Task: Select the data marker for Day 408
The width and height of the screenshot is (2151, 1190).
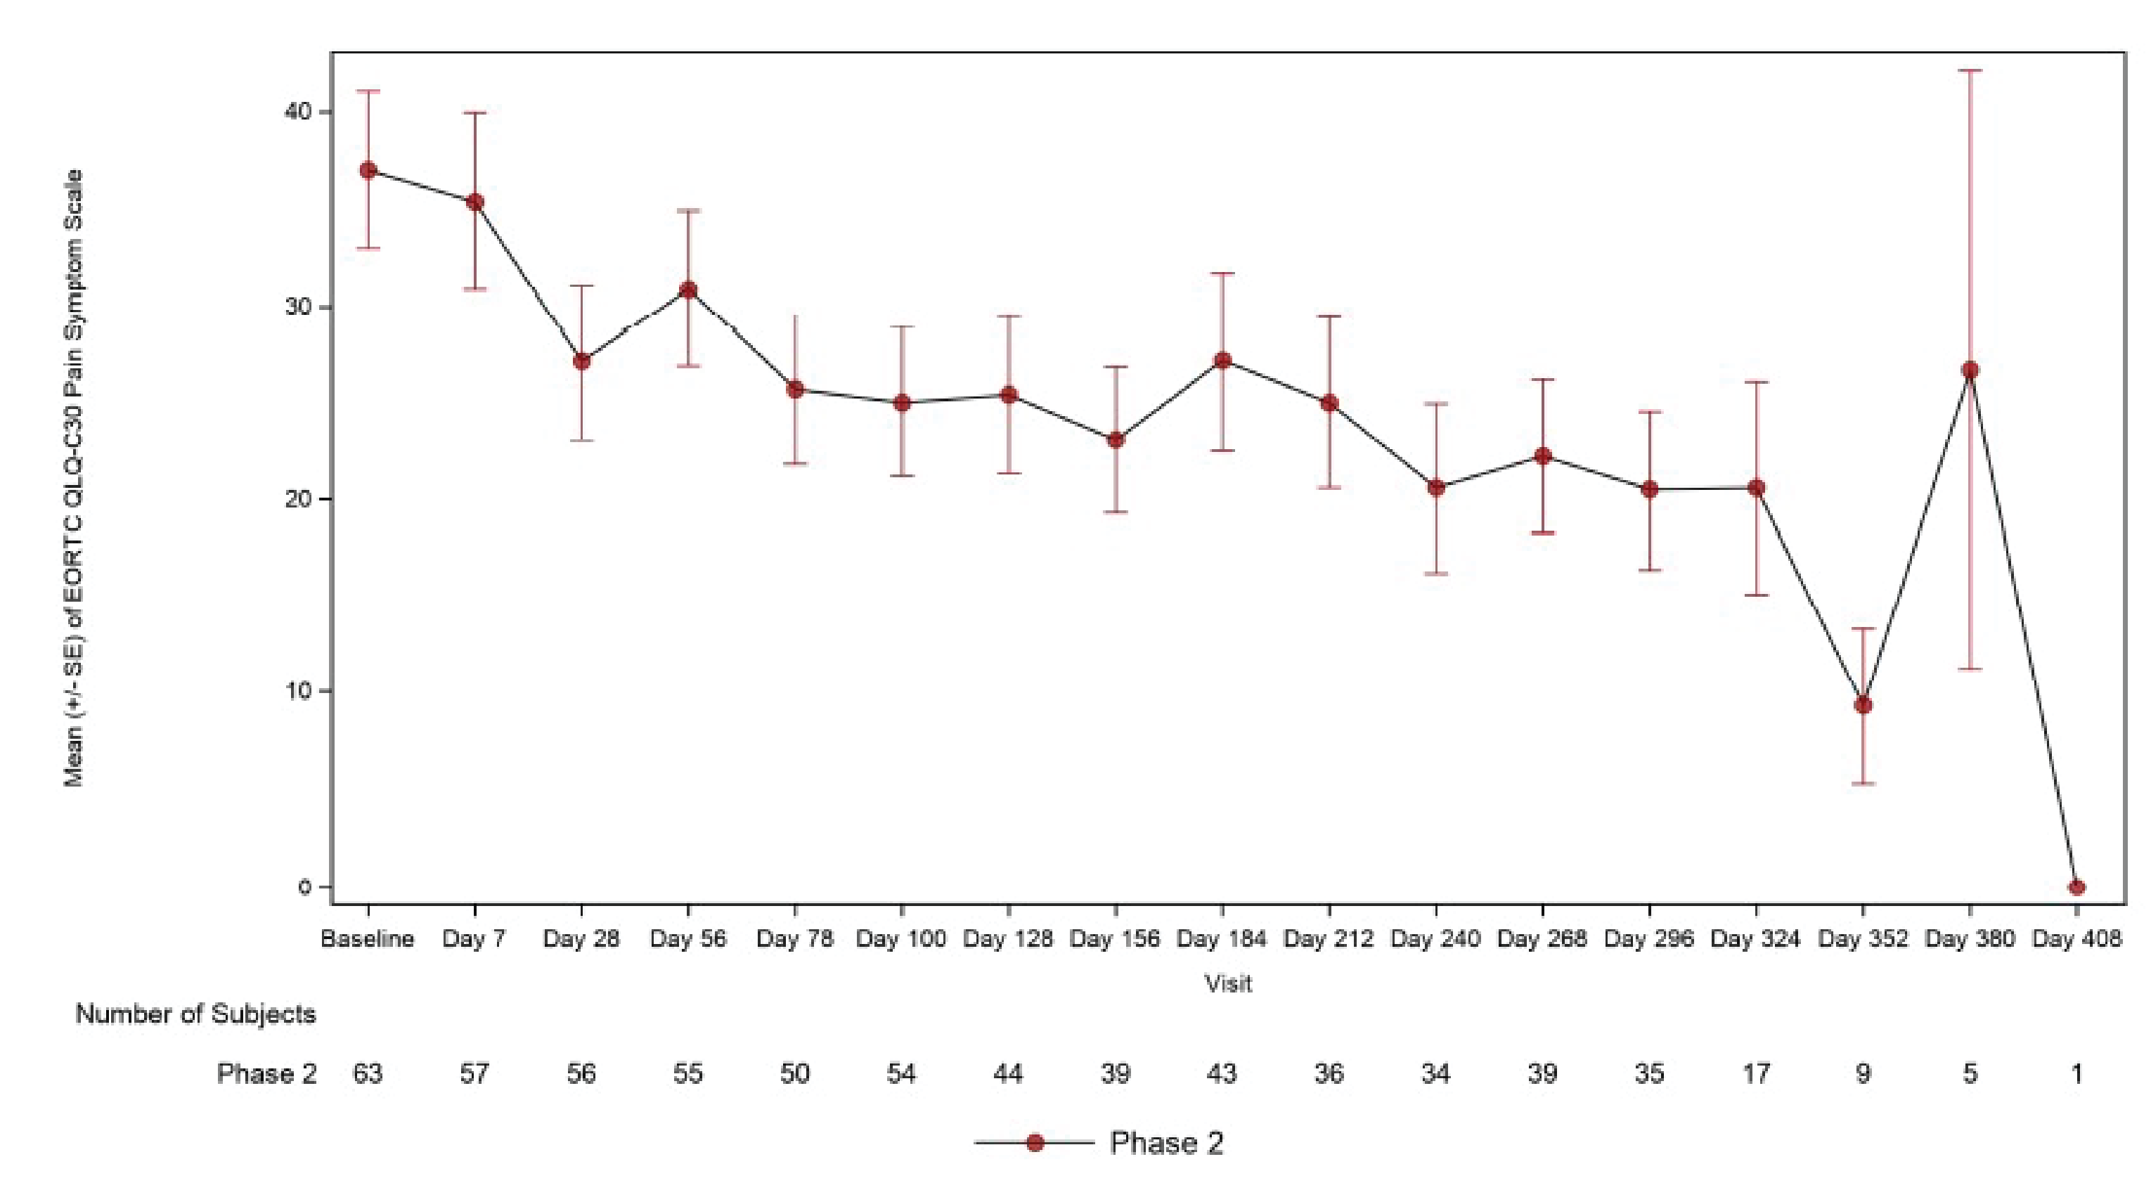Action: (x=2076, y=887)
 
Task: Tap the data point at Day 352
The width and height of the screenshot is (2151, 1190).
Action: (x=1863, y=705)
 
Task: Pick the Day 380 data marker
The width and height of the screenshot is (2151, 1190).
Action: (x=1970, y=370)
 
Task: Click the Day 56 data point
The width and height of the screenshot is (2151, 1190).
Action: (x=688, y=290)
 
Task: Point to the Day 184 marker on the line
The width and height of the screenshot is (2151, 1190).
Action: (x=1222, y=361)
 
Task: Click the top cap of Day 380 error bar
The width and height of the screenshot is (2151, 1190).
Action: (x=1970, y=71)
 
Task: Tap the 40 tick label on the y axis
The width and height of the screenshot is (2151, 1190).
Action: (x=297, y=111)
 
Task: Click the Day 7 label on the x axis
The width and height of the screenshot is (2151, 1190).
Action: (x=474, y=938)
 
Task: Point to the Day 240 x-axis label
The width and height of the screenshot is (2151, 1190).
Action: (x=1435, y=938)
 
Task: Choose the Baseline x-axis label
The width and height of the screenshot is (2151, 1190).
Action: (x=368, y=938)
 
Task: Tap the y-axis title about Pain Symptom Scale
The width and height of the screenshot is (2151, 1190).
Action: (x=75, y=478)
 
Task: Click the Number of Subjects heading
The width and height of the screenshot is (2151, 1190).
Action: (x=195, y=1014)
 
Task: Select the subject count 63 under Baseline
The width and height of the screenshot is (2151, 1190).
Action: (x=368, y=1073)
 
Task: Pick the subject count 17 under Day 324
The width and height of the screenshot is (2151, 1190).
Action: (x=1756, y=1073)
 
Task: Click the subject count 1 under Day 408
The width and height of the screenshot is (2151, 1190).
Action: (x=2076, y=1073)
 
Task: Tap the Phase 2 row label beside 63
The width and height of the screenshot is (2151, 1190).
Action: (x=266, y=1073)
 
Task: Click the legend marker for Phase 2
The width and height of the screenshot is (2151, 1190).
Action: (x=1035, y=1142)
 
